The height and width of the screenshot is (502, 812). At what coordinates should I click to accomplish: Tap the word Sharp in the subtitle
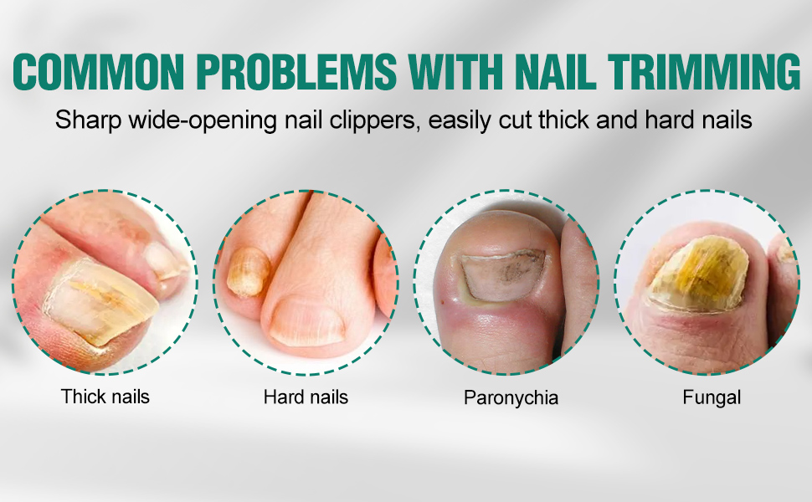(88, 120)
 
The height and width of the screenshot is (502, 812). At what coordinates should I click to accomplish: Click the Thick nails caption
(105, 397)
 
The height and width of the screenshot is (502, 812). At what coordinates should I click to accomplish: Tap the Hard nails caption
(306, 397)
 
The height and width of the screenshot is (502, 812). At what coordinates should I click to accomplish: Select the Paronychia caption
(511, 398)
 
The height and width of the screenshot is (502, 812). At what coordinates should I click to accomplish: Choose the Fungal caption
(712, 397)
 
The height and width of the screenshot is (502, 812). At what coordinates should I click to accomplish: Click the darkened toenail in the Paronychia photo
(502, 274)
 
